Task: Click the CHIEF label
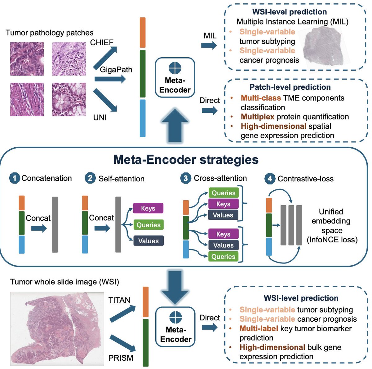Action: click(102, 43)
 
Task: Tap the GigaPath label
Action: click(116, 70)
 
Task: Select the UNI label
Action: click(100, 118)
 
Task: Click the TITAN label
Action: click(119, 300)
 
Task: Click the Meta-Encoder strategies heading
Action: click(186, 160)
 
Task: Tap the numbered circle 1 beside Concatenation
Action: click(15, 178)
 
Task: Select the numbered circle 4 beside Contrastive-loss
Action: click(270, 179)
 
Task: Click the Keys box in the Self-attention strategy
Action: click(148, 208)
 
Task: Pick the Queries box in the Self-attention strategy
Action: click(148, 225)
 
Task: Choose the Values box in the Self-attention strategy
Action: click(148, 241)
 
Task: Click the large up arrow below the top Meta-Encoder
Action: click(175, 126)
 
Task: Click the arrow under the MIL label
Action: click(209, 46)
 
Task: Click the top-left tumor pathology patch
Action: click(27, 59)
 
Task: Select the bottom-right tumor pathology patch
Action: click(69, 99)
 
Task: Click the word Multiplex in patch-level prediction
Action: click(258, 117)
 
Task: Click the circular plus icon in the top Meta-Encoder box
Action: click(175, 68)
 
